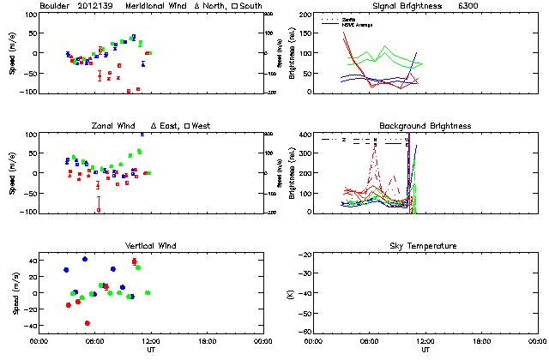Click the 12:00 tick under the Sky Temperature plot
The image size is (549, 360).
coord(425,340)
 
